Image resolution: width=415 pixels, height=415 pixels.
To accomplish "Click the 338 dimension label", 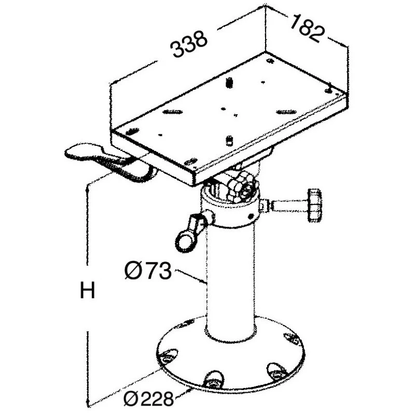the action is tap(189, 44).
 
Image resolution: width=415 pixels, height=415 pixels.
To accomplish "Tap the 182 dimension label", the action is tap(307, 29).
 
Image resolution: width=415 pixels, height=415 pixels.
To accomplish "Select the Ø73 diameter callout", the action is tap(148, 270).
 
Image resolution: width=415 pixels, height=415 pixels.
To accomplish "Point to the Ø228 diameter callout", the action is tap(149, 398).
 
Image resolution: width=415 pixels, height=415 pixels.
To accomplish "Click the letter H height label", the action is tap(87, 290).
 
